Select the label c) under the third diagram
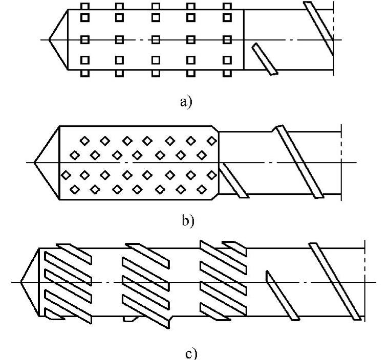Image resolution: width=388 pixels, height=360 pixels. click(190, 353)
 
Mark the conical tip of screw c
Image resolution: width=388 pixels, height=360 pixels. click(31, 281)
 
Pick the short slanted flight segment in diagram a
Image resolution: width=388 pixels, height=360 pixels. click(265, 59)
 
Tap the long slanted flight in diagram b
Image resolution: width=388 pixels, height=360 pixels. click(299, 161)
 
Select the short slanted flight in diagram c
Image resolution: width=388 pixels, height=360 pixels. click(282, 296)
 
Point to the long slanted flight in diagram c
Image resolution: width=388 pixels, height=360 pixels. click(335, 281)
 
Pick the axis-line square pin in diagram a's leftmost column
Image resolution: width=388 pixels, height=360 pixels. click(85, 39)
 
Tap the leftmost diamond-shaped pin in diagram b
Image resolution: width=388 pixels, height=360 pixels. click(66, 175)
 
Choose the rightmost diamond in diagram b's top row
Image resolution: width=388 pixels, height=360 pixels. click(209, 140)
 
